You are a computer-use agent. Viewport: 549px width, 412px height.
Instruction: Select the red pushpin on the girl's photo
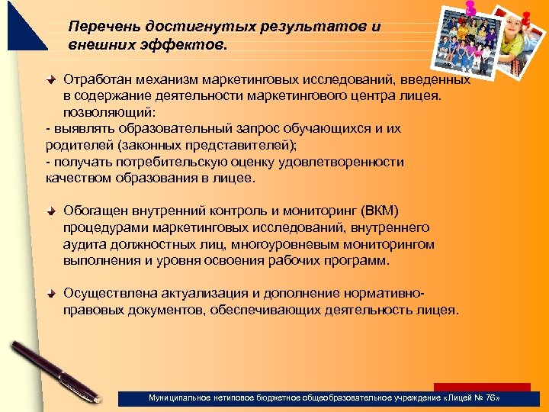click(525, 16)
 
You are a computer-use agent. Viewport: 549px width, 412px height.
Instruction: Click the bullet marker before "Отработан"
click(52, 79)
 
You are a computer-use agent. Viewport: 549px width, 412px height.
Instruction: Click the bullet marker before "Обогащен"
click(52, 211)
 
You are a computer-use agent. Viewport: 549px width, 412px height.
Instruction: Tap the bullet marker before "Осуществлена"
click(52, 294)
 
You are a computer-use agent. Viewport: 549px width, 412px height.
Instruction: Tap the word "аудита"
click(85, 244)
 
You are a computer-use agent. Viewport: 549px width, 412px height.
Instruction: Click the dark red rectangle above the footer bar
click(481, 387)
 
